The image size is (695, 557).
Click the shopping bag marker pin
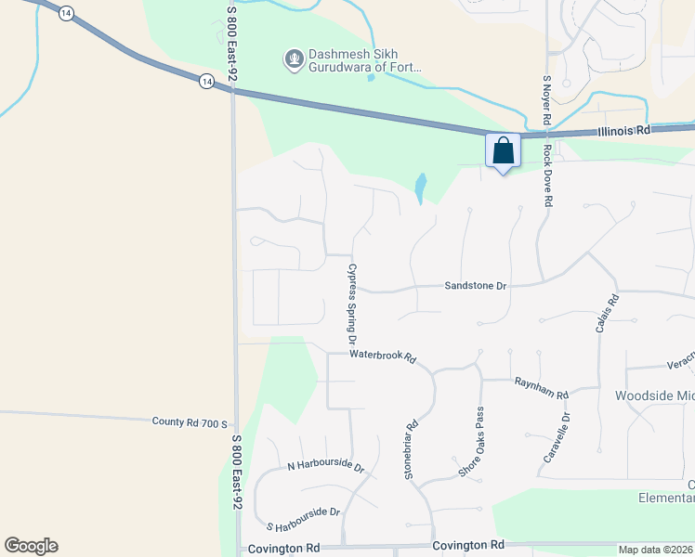pos(503,151)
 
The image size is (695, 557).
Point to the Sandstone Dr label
pos(475,286)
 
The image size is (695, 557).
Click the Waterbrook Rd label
pos(382,356)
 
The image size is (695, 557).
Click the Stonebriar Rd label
pos(411,449)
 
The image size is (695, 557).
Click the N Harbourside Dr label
pos(325,465)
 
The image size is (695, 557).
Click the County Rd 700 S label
pos(190,422)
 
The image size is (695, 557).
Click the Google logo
pos(31,546)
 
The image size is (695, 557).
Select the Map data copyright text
pos(656,550)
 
